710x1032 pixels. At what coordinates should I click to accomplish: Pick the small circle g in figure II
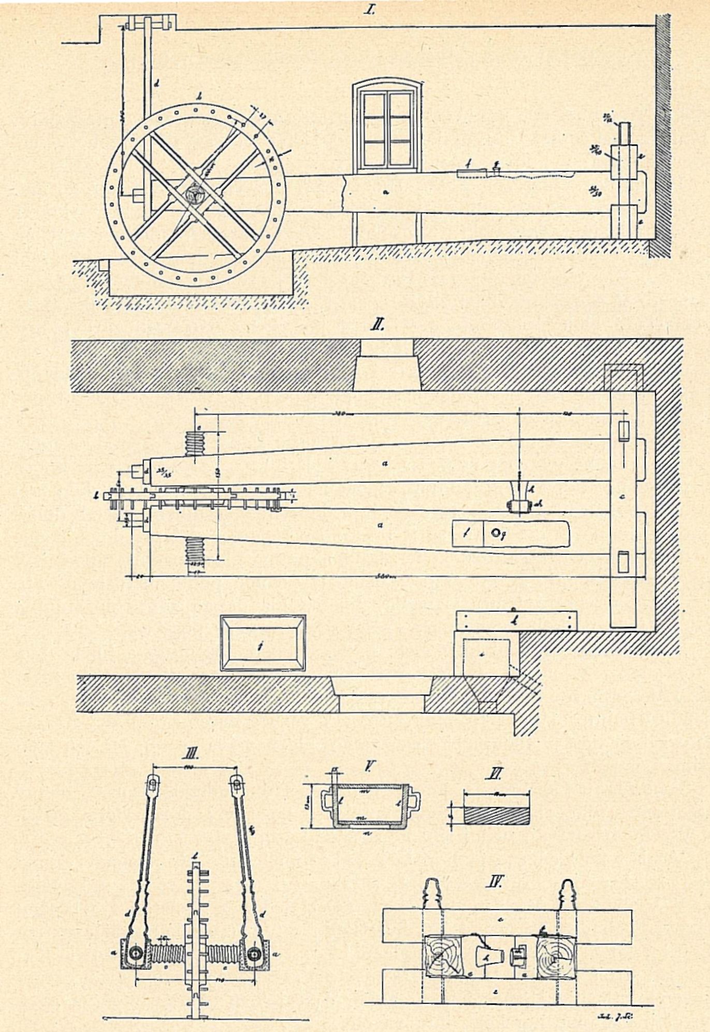pos(496,532)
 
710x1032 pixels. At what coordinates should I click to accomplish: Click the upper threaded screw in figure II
pos(196,444)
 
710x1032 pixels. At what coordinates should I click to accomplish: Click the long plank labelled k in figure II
pos(516,620)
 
